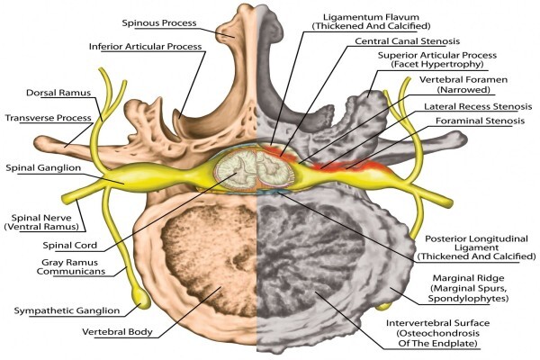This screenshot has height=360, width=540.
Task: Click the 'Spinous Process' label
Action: pyautogui.click(x=159, y=23)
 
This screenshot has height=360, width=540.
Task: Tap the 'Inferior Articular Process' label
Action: pyautogui.click(x=145, y=47)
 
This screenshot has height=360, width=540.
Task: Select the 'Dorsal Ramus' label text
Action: pyautogui.click(x=58, y=93)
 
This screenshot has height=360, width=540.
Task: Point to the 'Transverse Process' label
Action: pyautogui.click(x=49, y=118)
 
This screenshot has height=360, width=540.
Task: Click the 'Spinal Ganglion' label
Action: pyautogui.click(x=43, y=168)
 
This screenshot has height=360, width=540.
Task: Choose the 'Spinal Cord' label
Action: pyautogui.click(x=70, y=246)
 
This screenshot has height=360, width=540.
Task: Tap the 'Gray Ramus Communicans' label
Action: pyautogui.click(x=71, y=267)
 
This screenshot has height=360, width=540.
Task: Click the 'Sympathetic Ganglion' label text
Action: pyautogui.click(x=67, y=310)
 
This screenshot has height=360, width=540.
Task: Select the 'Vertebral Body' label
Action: pyautogui.click(x=117, y=332)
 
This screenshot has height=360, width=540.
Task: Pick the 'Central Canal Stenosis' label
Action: pyautogui.click(x=408, y=41)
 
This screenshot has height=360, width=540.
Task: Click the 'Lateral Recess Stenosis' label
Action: pyautogui.click(x=478, y=107)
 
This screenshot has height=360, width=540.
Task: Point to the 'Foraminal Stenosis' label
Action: pyautogui.click(x=480, y=121)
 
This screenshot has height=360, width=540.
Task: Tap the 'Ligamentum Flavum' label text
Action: pyautogui.click(x=371, y=17)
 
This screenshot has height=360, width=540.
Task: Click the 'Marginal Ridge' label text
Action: pyautogui.click(x=468, y=278)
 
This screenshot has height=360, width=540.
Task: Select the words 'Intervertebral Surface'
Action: pyautogui.click(x=437, y=323)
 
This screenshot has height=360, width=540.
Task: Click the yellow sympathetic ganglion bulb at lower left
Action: pyautogui.click(x=142, y=298)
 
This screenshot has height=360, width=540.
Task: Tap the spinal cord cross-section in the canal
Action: pyautogui.click(x=255, y=171)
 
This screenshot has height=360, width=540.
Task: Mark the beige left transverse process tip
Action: pyautogui.click(x=40, y=142)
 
